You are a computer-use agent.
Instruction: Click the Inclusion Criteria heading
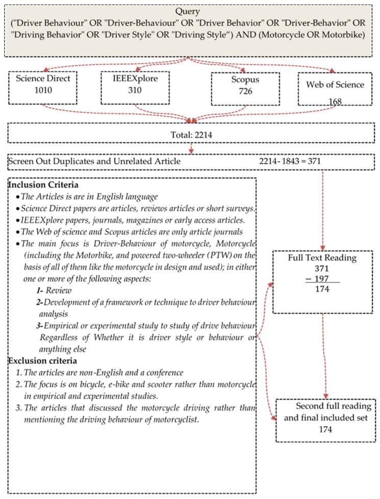(42, 184)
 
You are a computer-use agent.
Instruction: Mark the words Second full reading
(326, 407)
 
